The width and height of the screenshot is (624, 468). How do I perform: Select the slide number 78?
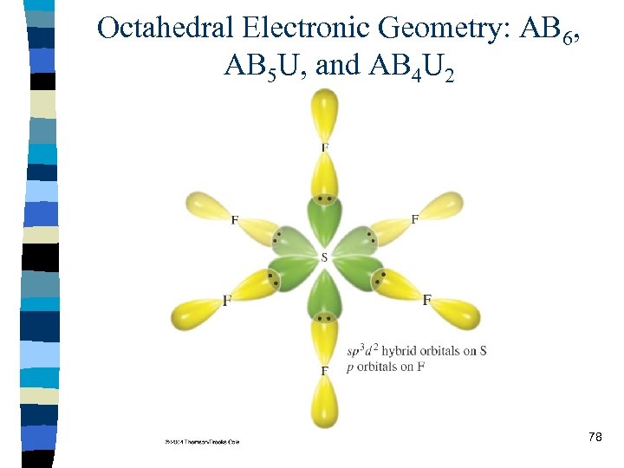595,437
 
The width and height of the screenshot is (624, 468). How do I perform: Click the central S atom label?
324,257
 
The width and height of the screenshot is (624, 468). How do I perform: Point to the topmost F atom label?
324,148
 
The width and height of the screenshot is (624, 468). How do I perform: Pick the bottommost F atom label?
324,370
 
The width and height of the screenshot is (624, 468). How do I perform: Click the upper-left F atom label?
235,220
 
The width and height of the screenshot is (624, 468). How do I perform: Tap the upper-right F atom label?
414,219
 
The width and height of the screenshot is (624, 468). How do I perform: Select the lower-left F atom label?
227,300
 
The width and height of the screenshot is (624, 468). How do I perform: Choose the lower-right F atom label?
426,300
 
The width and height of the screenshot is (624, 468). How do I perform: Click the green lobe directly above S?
324,220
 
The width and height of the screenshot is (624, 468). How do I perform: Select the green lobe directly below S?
324,295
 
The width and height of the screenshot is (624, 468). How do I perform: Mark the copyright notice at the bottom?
202,441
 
